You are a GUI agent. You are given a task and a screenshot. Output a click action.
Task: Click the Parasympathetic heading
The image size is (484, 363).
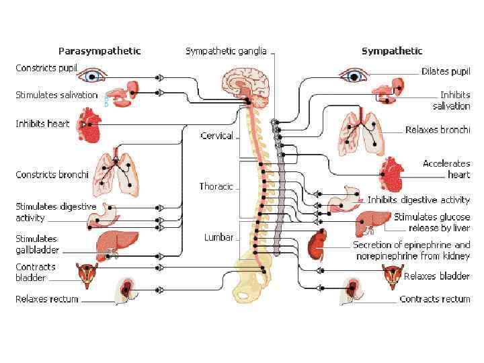(99, 50)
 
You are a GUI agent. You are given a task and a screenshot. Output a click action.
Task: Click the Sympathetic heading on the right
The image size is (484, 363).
(392, 50)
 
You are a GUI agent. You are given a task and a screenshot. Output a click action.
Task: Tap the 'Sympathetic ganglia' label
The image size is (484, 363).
(226, 50)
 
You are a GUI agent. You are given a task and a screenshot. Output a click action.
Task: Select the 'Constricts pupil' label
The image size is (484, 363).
(46, 69)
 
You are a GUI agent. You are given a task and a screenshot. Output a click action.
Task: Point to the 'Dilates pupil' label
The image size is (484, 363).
(445, 71)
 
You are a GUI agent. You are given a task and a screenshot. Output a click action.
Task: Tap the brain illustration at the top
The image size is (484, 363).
(245, 85)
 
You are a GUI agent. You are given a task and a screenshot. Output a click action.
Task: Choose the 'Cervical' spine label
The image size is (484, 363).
(216, 136)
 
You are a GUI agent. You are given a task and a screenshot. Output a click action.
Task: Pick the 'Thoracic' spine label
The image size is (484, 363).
(216, 186)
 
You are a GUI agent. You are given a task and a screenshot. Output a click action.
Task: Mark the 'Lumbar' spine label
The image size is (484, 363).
(218, 237)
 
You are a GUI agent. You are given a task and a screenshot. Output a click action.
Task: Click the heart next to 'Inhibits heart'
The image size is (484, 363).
(89, 126)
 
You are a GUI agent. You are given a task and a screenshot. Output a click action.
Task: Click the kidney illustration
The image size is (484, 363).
(315, 245)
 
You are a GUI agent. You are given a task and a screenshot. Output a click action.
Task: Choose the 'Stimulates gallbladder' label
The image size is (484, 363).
(37, 245)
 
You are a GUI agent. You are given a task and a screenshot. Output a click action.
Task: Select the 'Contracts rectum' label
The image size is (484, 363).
(434, 299)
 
